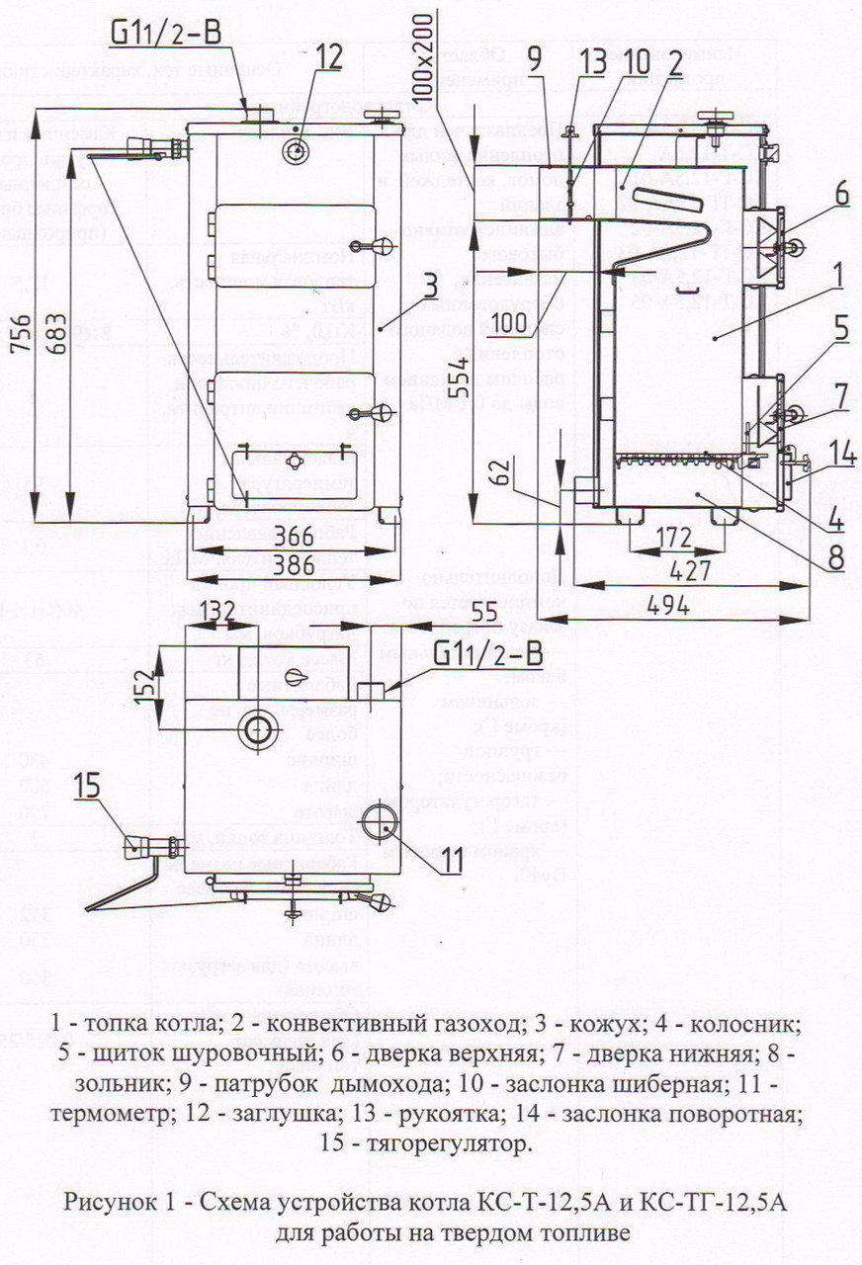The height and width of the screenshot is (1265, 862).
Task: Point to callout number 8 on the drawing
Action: (836, 557)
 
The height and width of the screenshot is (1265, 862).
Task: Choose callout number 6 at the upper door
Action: (839, 195)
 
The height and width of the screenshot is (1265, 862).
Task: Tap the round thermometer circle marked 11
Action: (378, 822)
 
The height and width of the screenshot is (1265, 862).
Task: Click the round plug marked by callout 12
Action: (297, 151)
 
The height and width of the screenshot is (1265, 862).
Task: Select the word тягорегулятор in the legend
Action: (440, 1144)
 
